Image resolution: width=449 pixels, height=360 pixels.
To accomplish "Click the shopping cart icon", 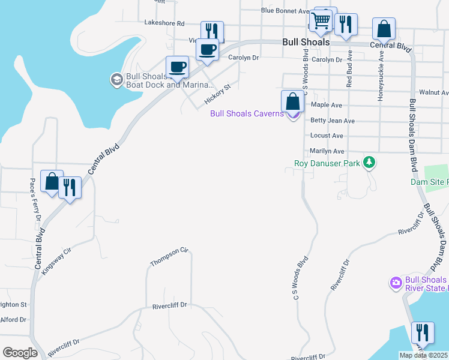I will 321,20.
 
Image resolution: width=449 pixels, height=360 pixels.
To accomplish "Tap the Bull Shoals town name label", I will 306,43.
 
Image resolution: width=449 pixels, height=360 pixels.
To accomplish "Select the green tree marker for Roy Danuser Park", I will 370,163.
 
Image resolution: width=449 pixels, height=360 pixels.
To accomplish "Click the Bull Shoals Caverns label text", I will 246,113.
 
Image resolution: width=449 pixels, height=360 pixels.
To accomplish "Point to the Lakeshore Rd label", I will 164,23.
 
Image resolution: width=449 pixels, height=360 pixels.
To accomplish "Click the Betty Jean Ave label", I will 333,121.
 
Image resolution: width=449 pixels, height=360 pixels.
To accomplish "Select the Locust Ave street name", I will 327,136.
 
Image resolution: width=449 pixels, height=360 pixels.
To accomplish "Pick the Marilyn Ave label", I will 327,152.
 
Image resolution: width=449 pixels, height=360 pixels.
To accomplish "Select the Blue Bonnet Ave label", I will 285,11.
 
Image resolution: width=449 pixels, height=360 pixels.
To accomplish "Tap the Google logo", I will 20,353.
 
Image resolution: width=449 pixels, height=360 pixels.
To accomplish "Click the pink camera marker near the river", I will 396,283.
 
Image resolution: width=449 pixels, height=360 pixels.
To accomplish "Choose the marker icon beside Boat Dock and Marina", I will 116,79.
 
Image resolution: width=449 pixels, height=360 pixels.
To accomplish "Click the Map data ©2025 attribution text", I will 423,355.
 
